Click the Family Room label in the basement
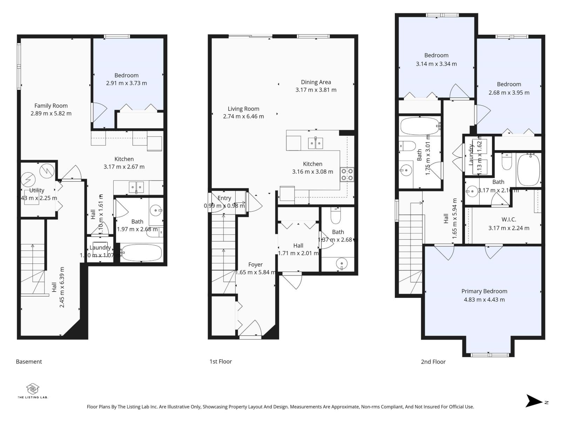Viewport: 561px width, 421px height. tap(51, 106)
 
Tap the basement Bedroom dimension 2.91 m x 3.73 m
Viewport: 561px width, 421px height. tap(126, 83)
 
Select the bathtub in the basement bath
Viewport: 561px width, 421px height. tap(142, 253)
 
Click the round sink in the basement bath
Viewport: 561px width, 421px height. tap(155, 210)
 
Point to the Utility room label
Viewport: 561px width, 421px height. tap(36, 190)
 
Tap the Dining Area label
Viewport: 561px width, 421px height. tap(316, 82)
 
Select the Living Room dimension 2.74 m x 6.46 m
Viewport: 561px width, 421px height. tap(243, 116)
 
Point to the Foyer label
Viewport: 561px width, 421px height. tap(255, 265)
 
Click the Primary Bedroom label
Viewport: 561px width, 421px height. tap(484, 291)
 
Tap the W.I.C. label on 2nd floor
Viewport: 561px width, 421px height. tap(508, 220)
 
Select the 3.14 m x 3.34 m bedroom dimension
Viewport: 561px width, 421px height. tap(436, 64)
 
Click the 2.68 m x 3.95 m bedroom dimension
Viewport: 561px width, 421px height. tap(509, 93)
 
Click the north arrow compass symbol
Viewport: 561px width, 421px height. tap(535, 401)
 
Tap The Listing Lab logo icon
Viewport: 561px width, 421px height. tap(33, 389)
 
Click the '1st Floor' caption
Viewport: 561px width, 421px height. tap(221, 361)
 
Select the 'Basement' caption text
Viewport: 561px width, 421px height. tap(29, 361)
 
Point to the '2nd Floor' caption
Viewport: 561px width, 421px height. tap(433, 362)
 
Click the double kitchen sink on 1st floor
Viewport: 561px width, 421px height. tap(315, 143)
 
